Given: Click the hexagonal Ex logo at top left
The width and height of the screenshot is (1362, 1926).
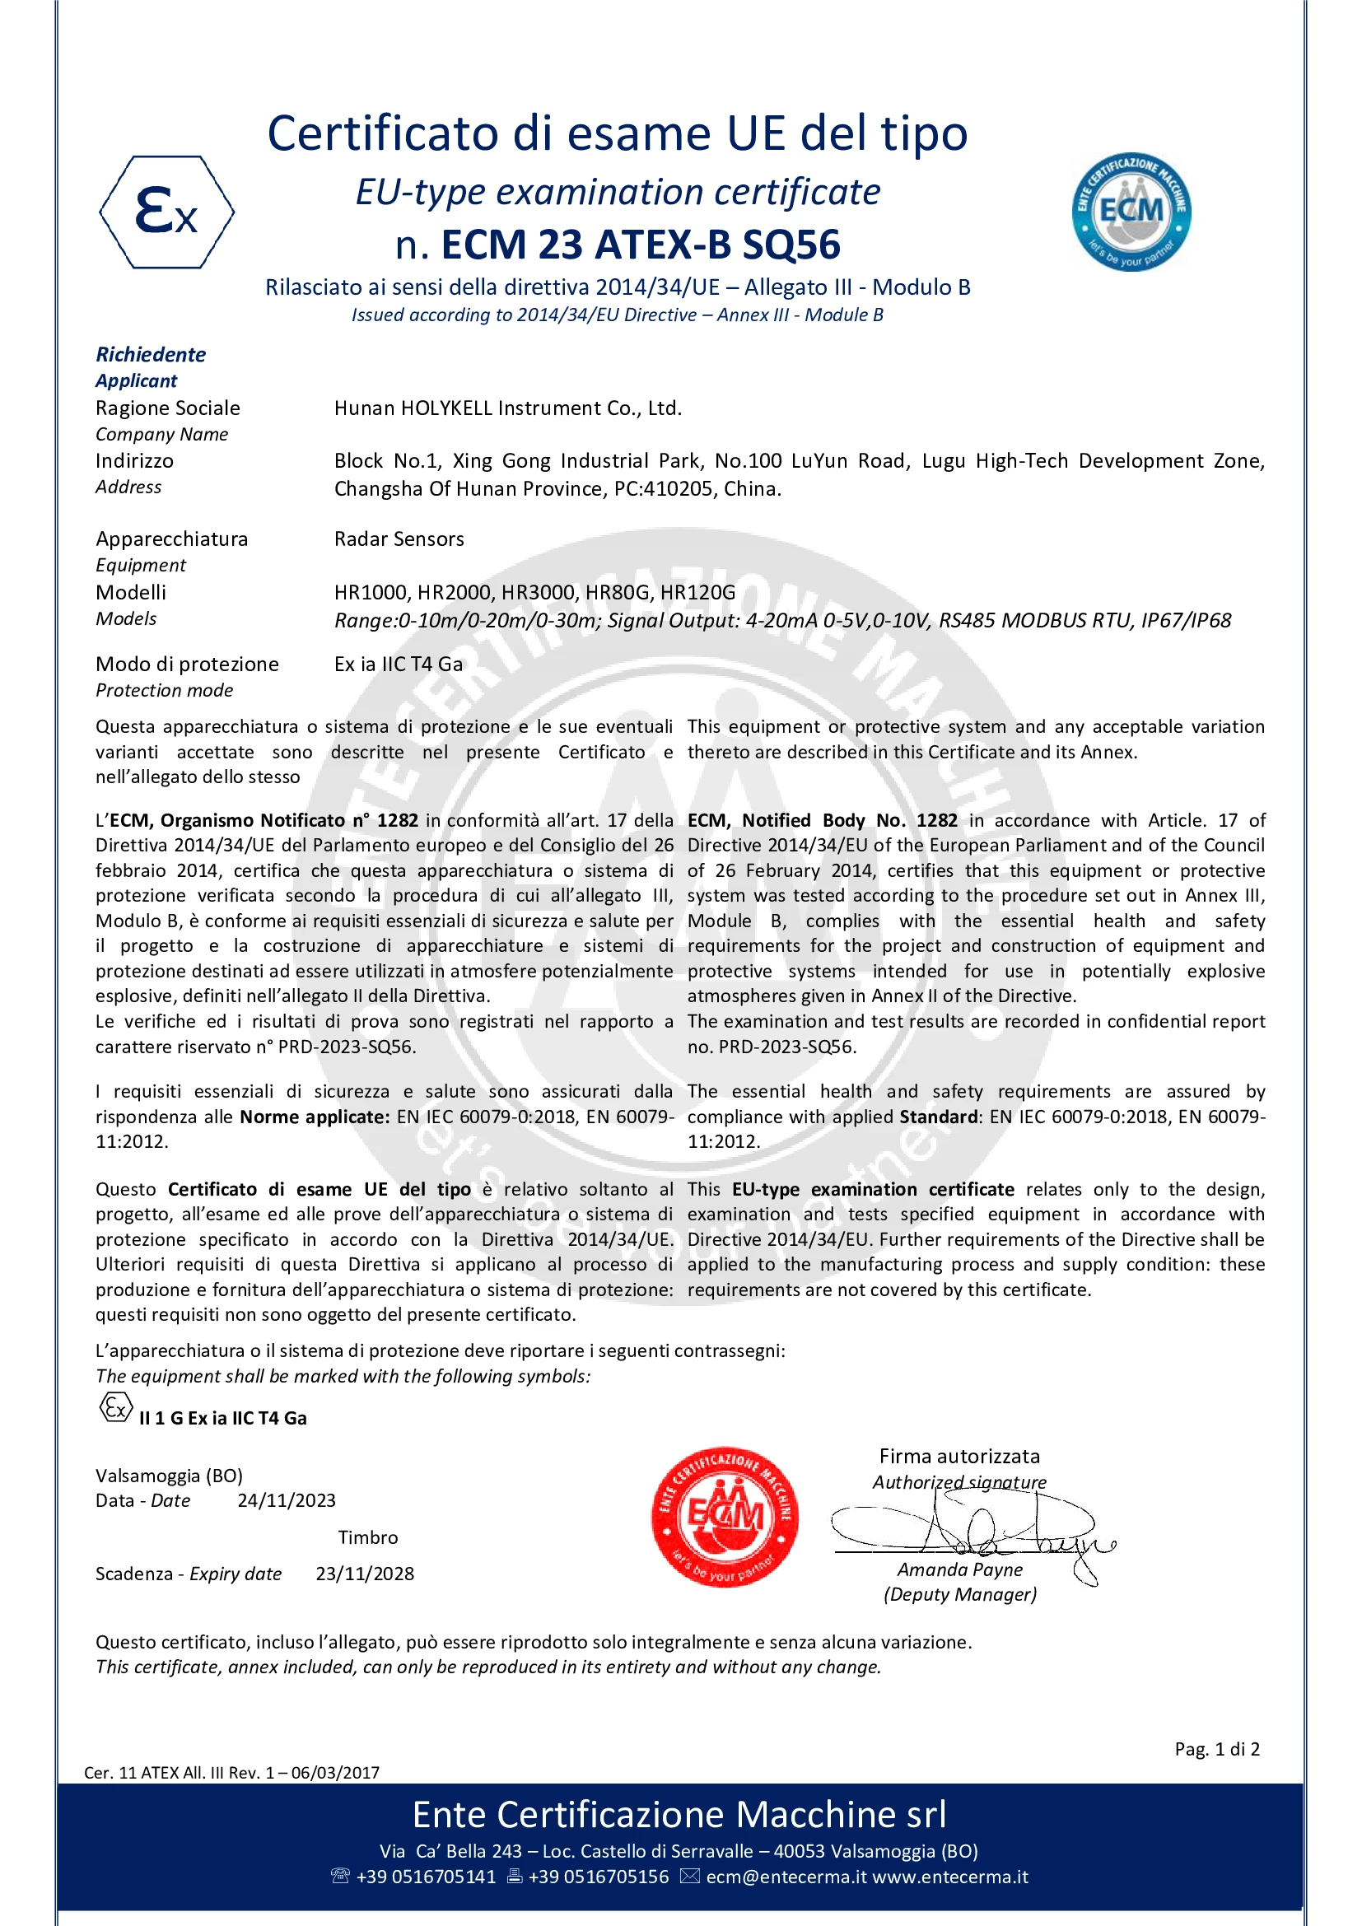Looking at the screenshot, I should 166,212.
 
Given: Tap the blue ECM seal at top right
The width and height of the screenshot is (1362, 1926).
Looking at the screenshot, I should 1131,212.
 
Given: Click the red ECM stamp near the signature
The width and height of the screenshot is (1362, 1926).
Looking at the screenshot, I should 725,1517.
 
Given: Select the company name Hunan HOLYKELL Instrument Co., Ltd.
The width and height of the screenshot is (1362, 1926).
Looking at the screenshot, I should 507,408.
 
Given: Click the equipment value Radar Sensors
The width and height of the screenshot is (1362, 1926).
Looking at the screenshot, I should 399,539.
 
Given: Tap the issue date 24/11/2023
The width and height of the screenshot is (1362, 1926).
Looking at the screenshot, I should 286,1501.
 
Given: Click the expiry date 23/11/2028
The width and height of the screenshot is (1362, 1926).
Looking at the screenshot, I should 365,1574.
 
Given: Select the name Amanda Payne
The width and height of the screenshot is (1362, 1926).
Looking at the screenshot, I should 959,1569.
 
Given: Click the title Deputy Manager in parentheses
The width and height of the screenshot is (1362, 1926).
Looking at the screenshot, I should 959,1595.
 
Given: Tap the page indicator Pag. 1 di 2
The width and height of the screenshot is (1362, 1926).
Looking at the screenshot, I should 1216,1749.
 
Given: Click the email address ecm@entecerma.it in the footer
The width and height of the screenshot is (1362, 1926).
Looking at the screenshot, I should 786,1877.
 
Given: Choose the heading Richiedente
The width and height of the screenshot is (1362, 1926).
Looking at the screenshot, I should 151,355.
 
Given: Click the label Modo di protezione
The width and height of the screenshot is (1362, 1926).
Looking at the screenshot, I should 187,665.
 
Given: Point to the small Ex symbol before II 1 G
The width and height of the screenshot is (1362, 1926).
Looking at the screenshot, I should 116,1407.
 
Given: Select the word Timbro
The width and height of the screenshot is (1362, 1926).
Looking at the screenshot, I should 367,1537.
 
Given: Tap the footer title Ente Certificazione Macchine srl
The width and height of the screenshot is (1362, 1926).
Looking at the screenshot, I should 679,1815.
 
